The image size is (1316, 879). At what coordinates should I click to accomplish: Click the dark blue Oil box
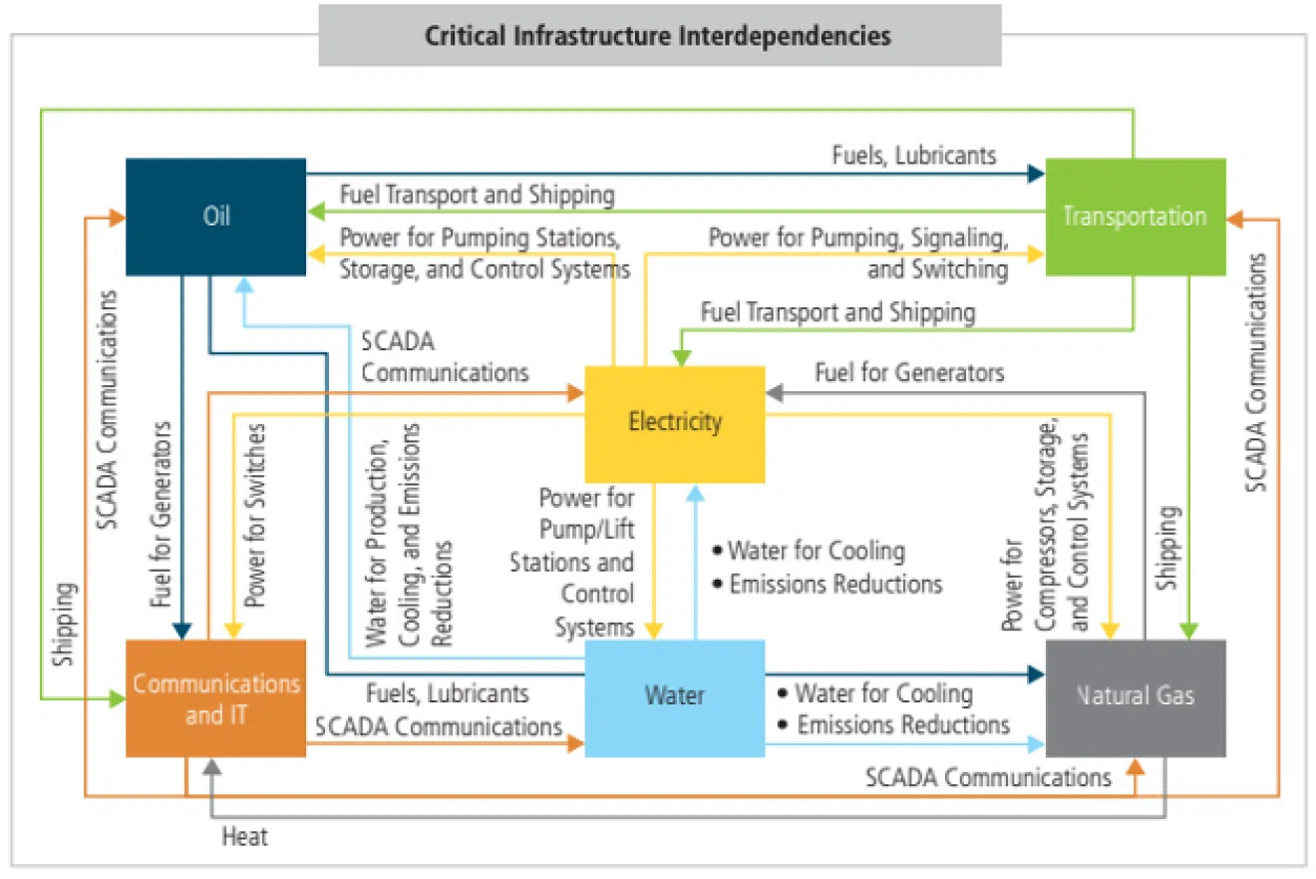pos(215,216)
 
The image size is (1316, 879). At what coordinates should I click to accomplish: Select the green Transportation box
pos(1135,216)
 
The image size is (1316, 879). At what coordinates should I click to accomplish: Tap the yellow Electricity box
pos(674,423)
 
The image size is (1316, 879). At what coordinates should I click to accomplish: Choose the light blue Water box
pos(674,696)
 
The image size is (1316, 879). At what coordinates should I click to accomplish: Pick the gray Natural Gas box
pos(1135,696)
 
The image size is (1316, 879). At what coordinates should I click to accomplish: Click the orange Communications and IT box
pos(215,697)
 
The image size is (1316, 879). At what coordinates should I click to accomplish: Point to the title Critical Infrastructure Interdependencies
pos(658,37)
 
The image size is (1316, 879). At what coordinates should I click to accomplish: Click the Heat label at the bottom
pos(244,837)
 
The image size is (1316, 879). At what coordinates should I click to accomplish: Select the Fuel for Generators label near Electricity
pos(909,373)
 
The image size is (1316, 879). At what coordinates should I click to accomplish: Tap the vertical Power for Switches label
pos(256,516)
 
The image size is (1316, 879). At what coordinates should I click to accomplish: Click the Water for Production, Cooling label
pos(410,536)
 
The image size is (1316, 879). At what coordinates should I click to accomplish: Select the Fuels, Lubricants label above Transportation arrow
pos(914,155)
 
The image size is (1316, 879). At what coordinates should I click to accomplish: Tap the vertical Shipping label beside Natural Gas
pos(1168,549)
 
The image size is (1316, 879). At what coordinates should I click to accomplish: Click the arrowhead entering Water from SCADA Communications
pos(576,743)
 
